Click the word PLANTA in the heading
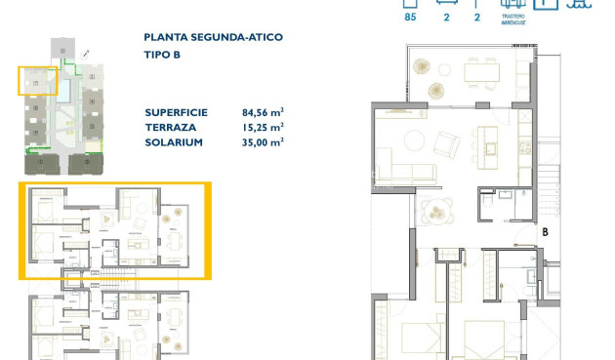(162, 37)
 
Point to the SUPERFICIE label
(177, 111)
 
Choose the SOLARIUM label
(172, 141)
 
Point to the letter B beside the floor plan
(546, 232)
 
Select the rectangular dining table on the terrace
(480, 72)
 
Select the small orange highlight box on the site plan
(36, 80)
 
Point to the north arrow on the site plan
(87, 52)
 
